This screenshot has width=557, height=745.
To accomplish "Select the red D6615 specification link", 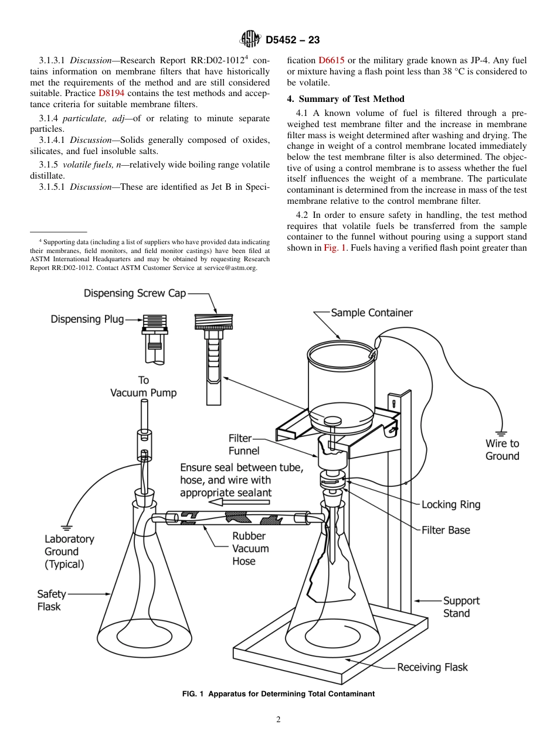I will [331, 60].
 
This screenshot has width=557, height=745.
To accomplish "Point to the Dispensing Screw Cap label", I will [134, 293].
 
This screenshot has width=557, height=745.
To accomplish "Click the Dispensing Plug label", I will [87, 319].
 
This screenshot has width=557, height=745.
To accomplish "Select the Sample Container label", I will [372, 313].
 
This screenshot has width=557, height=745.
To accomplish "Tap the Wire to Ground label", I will [502, 450].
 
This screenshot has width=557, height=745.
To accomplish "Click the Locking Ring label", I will [450, 505].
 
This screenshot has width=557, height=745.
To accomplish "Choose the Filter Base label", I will [446, 530].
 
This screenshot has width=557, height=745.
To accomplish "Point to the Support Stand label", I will [461, 607].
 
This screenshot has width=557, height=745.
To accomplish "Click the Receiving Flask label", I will [432, 667].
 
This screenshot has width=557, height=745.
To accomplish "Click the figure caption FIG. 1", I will [278, 694].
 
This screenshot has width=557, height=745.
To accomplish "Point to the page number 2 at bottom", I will [278, 720].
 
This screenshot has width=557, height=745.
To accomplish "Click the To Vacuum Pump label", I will [143, 387].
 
